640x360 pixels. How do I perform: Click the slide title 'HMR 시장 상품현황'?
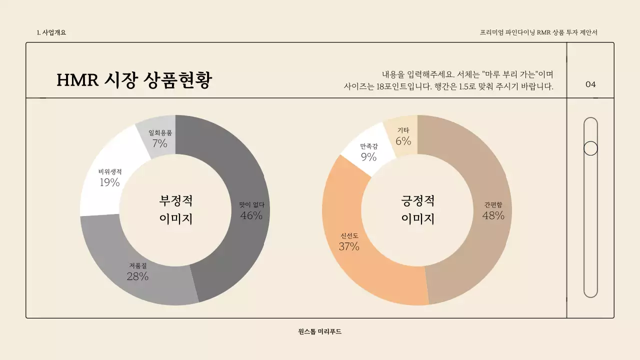pos(134,80)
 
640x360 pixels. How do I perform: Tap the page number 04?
pos(590,84)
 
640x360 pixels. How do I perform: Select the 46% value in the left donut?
pos(251,215)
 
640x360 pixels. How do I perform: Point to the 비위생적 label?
pos(110,171)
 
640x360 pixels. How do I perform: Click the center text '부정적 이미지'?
pos(175,209)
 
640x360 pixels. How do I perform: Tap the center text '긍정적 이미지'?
pos(417,209)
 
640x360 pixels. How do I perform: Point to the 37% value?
pos(349,246)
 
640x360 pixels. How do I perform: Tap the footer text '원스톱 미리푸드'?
pos(319,331)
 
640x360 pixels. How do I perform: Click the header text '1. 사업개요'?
pos(51,32)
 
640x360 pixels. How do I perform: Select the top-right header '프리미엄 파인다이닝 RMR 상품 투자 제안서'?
pos(538,32)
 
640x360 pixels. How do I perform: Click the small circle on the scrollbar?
pos(590,148)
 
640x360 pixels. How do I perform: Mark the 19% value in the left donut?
pos(109,182)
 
